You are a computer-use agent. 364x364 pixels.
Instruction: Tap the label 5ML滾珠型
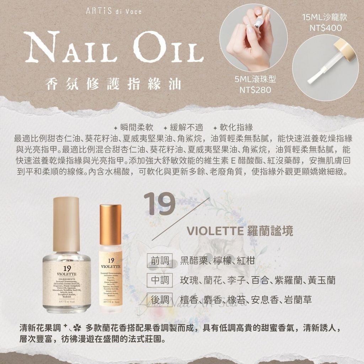[255, 79]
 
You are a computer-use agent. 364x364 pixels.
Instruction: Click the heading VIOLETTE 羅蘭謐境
[240, 231]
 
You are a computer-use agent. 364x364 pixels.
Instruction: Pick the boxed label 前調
[160, 261]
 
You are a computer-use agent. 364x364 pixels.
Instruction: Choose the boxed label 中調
[160, 280]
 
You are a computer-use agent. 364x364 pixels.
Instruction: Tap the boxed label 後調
[160, 300]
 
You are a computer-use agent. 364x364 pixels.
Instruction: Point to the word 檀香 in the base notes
[189, 300]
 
